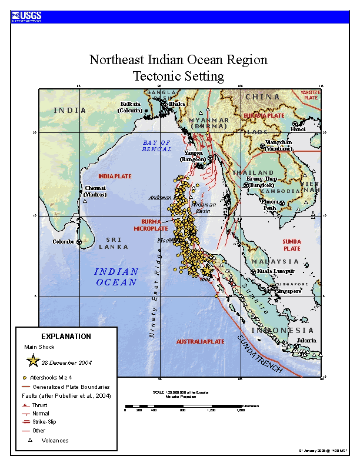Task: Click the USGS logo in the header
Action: pyautogui.click(x=26, y=16)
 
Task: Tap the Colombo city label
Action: pyautogui.click(x=63, y=242)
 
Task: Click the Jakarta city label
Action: pyautogui.click(x=306, y=341)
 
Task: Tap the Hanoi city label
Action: pyautogui.click(x=299, y=129)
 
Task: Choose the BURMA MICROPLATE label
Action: pyautogui.click(x=151, y=225)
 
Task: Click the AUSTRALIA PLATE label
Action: pyautogui.click(x=201, y=341)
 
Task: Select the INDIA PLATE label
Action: pyautogui.click(x=115, y=176)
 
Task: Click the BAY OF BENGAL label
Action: pyautogui.click(x=157, y=146)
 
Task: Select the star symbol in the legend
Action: pyautogui.click(x=34, y=361)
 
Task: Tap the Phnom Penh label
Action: pyautogui.click(x=269, y=205)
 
